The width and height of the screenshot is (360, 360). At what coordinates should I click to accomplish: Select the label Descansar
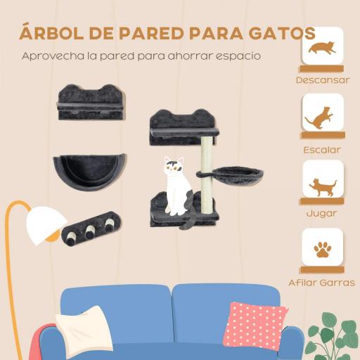click(323, 79)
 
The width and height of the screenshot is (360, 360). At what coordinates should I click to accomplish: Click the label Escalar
click(323, 149)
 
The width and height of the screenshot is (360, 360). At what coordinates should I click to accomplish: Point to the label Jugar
click(323, 213)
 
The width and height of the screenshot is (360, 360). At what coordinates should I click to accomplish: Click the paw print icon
click(323, 249)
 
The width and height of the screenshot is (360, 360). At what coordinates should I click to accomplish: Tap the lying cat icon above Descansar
click(323, 49)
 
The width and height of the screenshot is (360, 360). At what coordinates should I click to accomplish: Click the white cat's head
click(174, 167)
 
